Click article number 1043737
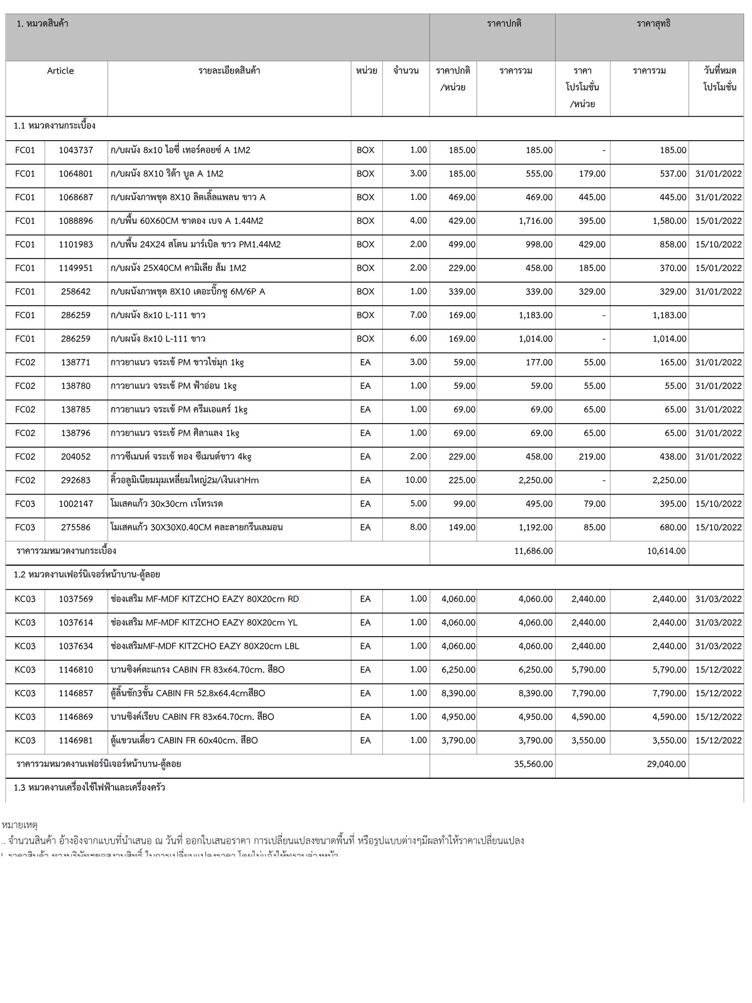click(76, 150)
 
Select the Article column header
click(60, 71)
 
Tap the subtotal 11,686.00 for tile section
click(533, 551)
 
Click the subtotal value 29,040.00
click(666, 764)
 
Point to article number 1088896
click(76, 221)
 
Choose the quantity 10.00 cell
click(416, 480)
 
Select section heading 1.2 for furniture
click(87, 574)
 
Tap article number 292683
click(76, 480)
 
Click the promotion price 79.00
click(594, 504)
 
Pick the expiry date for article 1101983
click(718, 244)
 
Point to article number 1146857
click(76, 693)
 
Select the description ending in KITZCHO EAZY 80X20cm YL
click(204, 622)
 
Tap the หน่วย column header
click(366, 71)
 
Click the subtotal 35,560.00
click(533, 764)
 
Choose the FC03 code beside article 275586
click(25, 527)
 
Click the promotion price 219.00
click(592, 457)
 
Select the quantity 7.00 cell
click(418, 315)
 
